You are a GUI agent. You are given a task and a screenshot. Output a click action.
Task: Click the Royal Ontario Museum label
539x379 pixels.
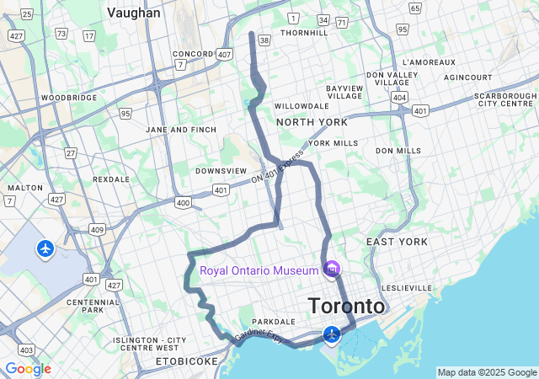click(x=259, y=270)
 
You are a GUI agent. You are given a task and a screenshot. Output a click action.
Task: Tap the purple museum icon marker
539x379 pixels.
click(x=332, y=270)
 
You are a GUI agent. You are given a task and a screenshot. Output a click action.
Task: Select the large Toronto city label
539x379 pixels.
click(x=347, y=305)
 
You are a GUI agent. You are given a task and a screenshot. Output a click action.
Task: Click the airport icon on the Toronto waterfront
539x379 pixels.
click(x=332, y=335)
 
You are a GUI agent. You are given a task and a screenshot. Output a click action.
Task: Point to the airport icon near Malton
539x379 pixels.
click(x=45, y=248)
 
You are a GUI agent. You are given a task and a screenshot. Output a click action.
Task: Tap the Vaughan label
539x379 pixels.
click(x=135, y=13)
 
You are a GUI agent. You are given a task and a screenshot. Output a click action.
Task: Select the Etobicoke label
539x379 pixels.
click(x=186, y=361)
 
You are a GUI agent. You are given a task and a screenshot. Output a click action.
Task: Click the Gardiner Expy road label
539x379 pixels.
click(x=259, y=334)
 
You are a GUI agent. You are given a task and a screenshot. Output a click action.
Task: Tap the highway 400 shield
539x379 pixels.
click(x=183, y=203)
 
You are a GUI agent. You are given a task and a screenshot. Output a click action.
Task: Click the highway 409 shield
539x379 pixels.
click(x=98, y=229)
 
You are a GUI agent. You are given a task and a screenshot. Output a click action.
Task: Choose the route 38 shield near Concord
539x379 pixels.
click(x=264, y=40)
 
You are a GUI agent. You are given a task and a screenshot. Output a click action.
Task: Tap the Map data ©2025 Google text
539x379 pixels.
click(x=487, y=372)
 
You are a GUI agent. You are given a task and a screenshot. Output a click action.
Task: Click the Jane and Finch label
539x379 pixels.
click(x=181, y=130)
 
